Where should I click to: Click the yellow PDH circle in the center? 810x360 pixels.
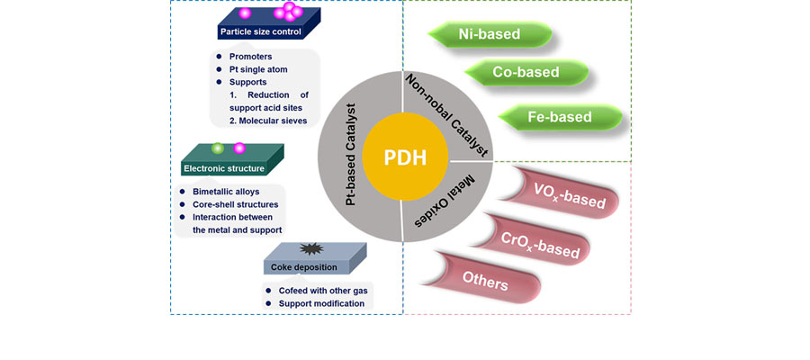point(404,158)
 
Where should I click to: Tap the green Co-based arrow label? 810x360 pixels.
point(526,72)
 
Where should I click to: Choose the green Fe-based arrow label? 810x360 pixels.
point(558,117)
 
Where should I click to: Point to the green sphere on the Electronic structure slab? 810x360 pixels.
point(217,148)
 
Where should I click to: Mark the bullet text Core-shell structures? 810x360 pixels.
point(235,204)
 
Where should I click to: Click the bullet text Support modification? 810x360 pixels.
point(321,303)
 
